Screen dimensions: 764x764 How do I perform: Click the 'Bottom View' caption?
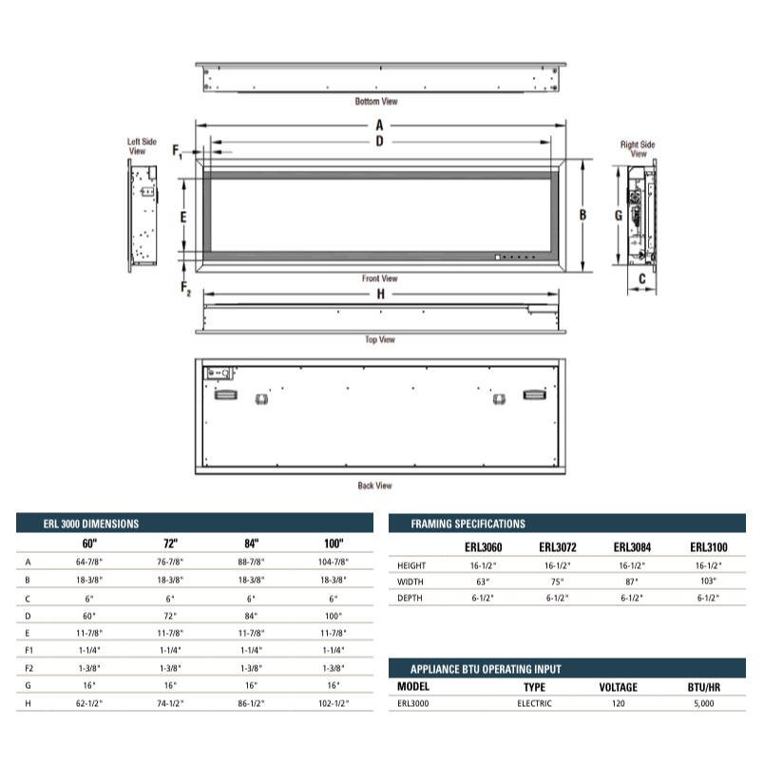coord(376,102)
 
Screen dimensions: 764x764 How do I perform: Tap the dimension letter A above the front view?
coord(379,125)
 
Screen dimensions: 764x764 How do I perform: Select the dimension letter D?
coord(379,142)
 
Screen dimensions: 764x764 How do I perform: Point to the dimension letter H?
coord(380,294)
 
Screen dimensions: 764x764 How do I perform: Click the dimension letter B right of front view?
coord(583,215)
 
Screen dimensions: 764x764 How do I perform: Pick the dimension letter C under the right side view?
coord(641,278)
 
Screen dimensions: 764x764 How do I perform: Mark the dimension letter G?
coord(619,216)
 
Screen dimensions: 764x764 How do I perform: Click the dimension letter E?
coord(183,217)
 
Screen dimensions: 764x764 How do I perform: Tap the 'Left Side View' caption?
coord(142,146)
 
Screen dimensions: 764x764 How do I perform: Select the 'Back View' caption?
coord(374,486)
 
